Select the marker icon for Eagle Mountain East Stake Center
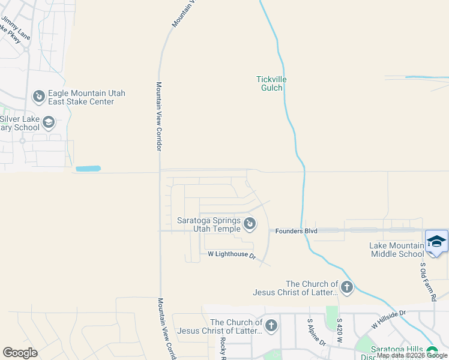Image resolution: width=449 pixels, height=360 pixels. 38,96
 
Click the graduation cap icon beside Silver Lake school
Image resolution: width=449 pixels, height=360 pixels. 49,123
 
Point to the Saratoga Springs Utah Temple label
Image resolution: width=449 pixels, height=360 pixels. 208,224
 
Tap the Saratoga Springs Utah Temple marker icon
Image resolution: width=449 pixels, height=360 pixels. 250,224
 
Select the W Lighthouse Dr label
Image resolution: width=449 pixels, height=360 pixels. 232,255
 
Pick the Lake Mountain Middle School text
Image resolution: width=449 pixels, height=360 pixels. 397,250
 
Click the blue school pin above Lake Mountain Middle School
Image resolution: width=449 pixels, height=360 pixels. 436,242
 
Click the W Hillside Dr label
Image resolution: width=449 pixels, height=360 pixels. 388,319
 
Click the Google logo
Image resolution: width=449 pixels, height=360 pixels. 20,353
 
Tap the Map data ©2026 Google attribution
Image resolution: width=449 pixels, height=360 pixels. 412,355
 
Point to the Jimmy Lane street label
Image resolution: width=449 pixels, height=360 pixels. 16,28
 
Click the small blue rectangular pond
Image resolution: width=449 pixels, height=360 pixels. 88,169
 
